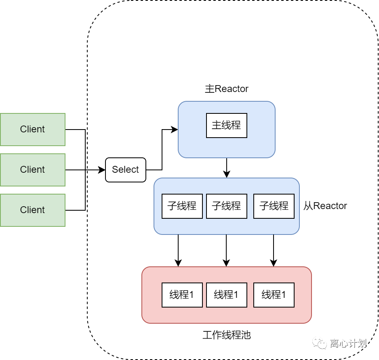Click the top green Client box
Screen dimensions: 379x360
33,130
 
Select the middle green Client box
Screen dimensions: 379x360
33,170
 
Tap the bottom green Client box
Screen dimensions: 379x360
33,210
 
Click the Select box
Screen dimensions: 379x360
126,170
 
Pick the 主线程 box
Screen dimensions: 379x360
227,126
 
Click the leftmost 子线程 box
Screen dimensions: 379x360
182,206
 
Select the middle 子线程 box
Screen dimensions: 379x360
227,206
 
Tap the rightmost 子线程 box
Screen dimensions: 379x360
274,206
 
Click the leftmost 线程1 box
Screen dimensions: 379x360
182,295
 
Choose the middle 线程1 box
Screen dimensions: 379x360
227,295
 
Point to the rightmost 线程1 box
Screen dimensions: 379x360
274,295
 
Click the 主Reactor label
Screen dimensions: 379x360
227,89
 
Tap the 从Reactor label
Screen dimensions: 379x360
325,206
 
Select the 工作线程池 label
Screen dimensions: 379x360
227,335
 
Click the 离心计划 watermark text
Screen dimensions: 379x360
348,343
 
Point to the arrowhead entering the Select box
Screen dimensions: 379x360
102,170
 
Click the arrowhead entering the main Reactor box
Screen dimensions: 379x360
174,130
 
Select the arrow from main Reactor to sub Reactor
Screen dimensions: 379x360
227,168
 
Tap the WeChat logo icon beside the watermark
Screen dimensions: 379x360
320,343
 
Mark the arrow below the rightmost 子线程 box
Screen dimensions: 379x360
274,251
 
